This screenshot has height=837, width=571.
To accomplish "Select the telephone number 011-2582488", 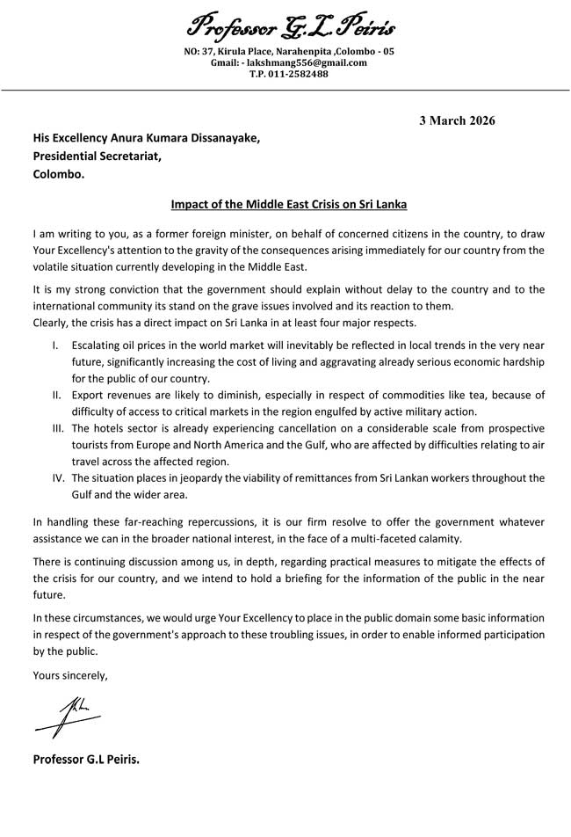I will (x=300, y=74).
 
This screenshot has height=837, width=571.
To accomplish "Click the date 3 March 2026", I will (x=456, y=120).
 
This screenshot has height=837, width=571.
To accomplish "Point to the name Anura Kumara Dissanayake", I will (x=190, y=138).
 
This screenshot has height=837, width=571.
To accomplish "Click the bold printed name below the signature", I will (x=86, y=758).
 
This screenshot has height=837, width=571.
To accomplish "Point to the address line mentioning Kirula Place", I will (x=289, y=51).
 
